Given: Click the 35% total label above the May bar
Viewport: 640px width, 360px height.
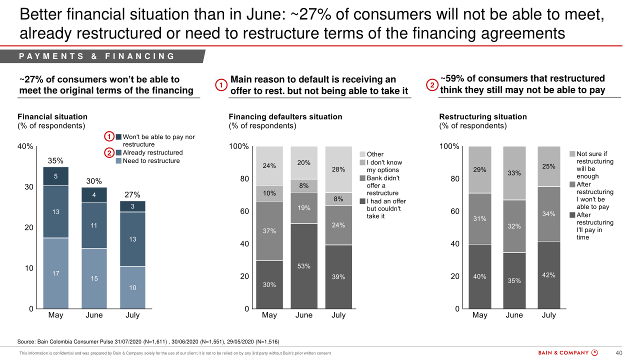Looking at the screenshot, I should [55, 161].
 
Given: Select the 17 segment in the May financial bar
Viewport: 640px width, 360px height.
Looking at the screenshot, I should [55, 273].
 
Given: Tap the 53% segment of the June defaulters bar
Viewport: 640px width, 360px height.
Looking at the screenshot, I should [304, 266].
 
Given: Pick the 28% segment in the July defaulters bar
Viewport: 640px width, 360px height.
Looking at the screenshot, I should [338, 169].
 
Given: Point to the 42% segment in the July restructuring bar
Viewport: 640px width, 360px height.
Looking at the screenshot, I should [549, 275].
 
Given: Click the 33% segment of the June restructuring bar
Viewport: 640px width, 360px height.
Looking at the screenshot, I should [514, 173].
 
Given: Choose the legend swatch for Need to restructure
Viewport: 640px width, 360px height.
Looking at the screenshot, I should [118, 161].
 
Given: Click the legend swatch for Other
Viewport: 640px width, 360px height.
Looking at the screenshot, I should [362, 154].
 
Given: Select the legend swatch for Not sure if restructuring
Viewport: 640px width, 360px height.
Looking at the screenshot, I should [572, 154].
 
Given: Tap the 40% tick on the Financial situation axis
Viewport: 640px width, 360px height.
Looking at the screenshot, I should [25, 147].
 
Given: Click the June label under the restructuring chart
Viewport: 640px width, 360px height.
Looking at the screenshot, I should [514, 315].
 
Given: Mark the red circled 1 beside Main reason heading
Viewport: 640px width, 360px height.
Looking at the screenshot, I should [221, 85].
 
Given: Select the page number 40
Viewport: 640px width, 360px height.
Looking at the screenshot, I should [618, 353].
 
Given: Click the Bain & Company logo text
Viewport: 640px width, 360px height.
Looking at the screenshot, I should [563, 353].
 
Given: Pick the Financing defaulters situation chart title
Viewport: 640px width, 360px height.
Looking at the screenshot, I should [285, 117].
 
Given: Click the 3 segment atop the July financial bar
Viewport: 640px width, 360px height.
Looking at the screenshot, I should [132, 206].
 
